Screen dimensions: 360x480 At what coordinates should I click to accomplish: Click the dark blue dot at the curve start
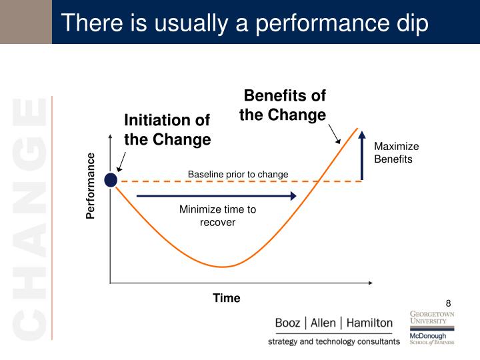111,179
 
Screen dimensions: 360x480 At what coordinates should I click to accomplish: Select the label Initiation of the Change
167,129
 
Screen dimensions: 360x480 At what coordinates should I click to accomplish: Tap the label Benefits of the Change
283,105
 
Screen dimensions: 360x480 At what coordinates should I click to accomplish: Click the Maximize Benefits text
396,153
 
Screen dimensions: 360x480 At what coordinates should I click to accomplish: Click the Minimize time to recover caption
217,215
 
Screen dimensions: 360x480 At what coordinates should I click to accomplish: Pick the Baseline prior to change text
238,175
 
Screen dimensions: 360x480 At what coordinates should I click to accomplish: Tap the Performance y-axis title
91,185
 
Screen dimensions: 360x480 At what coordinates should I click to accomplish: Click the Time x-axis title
227,298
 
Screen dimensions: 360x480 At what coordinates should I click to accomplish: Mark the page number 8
449,303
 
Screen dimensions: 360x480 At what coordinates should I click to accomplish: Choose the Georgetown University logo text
432,317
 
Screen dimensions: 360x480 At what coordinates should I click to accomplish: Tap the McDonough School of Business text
432,339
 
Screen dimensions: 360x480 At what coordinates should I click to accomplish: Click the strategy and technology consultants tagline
334,341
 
